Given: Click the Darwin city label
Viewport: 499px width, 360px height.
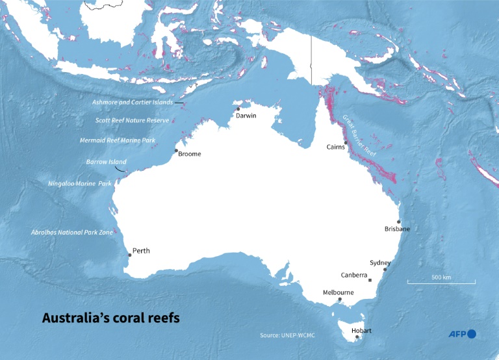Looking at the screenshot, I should click(246, 116).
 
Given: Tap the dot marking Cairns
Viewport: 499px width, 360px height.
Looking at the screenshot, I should click(346, 142).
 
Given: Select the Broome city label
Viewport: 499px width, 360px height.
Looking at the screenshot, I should click(190, 154).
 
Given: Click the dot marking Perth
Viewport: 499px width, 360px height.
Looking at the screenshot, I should click(129, 255).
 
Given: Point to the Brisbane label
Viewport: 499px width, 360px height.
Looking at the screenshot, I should click(397, 229).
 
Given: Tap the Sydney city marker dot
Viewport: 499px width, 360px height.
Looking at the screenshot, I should click(385, 269).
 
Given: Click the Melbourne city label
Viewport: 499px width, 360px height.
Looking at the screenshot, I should click(339, 292).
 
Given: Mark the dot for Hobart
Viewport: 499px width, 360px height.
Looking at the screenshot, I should click(357, 337).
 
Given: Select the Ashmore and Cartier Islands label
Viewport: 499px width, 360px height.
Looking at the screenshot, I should click(132, 103).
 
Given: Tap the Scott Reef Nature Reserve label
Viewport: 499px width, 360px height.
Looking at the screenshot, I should click(132, 120).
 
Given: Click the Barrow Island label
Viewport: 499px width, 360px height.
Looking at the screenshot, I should click(106, 162).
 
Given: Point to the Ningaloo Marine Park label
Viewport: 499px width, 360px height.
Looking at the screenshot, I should click(80, 184).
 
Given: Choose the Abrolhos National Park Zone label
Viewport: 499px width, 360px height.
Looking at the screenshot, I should click(71, 232).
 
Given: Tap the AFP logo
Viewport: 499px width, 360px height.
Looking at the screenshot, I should click(462, 334).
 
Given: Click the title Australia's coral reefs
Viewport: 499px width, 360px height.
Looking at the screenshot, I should click(110, 318).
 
